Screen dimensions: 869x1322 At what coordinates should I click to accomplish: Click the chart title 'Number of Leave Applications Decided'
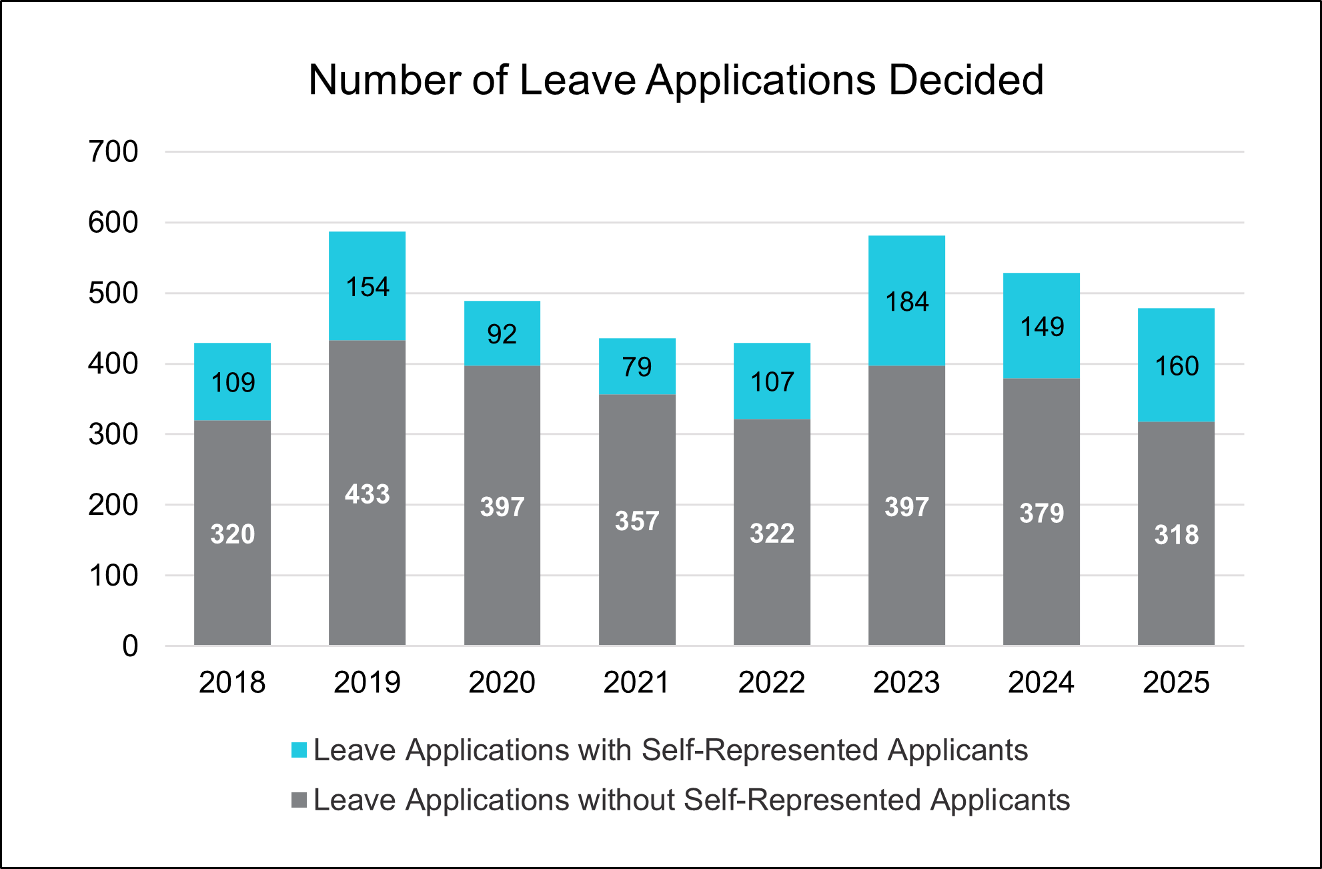676,81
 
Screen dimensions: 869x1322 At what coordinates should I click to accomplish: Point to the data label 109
233,383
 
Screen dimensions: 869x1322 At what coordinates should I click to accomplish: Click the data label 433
367,494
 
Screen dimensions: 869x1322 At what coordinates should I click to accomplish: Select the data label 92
502,334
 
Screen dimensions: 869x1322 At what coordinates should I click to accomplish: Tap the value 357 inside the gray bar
637,521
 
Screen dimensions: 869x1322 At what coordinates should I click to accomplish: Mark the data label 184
906,302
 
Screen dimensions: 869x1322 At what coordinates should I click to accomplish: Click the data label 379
1041,514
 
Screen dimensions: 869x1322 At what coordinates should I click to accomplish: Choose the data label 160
1177,366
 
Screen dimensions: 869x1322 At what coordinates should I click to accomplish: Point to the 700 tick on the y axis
113,152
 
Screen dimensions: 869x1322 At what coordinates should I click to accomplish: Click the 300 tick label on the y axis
113,435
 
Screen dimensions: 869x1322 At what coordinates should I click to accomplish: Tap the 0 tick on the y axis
130,646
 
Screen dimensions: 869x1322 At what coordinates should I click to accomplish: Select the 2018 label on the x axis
232,682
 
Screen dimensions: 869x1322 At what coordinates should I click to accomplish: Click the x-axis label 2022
772,682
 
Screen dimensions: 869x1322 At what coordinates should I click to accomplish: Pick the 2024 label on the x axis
1041,682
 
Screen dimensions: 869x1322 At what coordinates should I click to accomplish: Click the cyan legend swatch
299,750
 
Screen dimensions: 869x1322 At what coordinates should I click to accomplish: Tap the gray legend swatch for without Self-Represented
299,800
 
